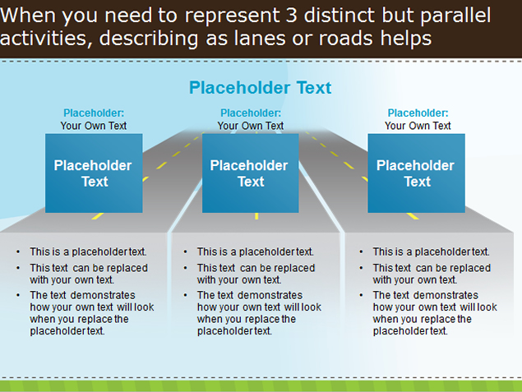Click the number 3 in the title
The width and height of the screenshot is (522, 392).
tap(291, 16)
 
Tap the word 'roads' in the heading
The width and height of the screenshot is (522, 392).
tap(346, 38)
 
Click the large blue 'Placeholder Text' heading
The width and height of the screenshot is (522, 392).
tap(261, 88)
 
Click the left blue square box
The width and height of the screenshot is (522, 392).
tap(94, 173)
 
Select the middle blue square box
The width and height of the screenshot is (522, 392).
tap(251, 173)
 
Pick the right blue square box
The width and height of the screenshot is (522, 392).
tap(416, 173)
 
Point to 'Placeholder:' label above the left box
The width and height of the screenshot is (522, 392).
tap(94, 113)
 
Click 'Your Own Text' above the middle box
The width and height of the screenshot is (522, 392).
tap(251, 126)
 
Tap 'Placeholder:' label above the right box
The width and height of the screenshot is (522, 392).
tap(418, 113)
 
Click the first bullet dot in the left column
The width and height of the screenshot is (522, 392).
tap(18, 252)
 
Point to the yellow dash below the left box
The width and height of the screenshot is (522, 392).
tap(98, 216)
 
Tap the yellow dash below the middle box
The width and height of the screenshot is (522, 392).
tap(256, 216)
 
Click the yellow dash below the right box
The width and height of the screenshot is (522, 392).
tap(413, 216)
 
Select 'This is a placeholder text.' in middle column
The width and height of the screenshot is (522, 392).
tap(256, 252)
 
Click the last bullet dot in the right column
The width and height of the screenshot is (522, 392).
tap(361, 295)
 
